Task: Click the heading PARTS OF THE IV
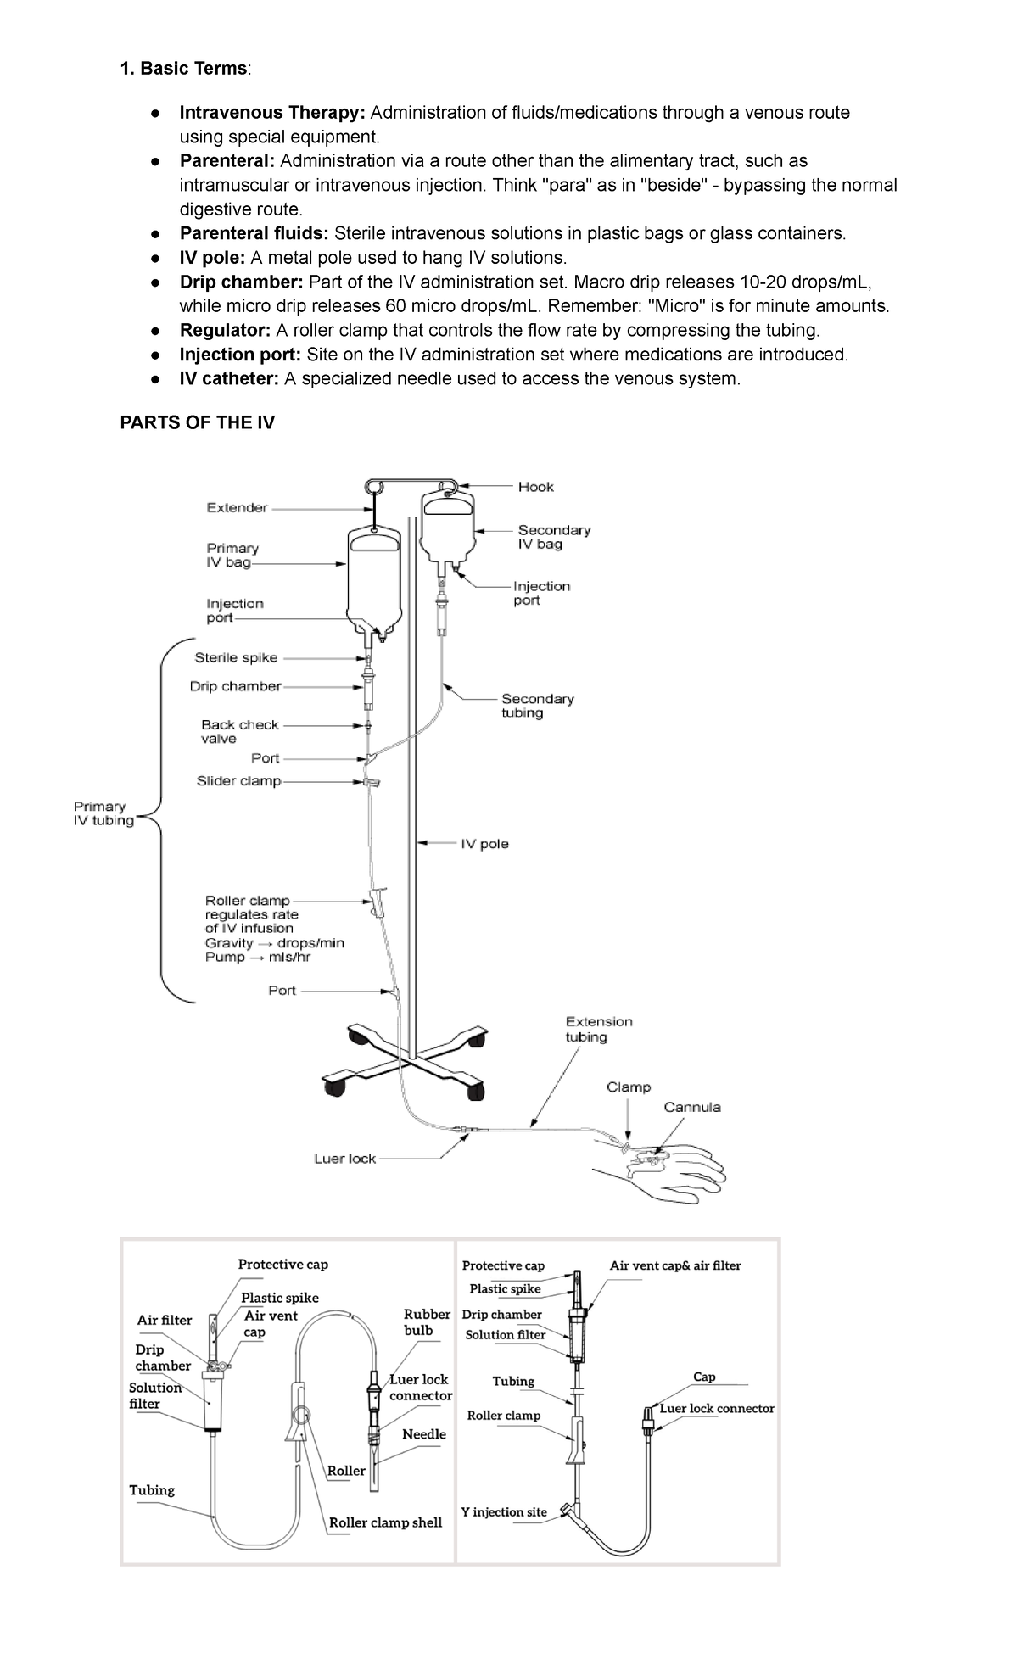197,422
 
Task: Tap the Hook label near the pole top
535,487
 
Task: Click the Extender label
237,508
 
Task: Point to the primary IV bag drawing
373,577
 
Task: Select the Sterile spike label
236,657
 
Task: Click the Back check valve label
239,731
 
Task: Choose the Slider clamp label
238,780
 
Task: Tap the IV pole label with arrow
484,844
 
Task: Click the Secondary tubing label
537,706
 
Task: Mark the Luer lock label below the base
344,1159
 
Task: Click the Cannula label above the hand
691,1107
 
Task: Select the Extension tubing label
599,1029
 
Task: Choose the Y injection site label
504,1511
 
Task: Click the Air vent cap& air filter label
674,1265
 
